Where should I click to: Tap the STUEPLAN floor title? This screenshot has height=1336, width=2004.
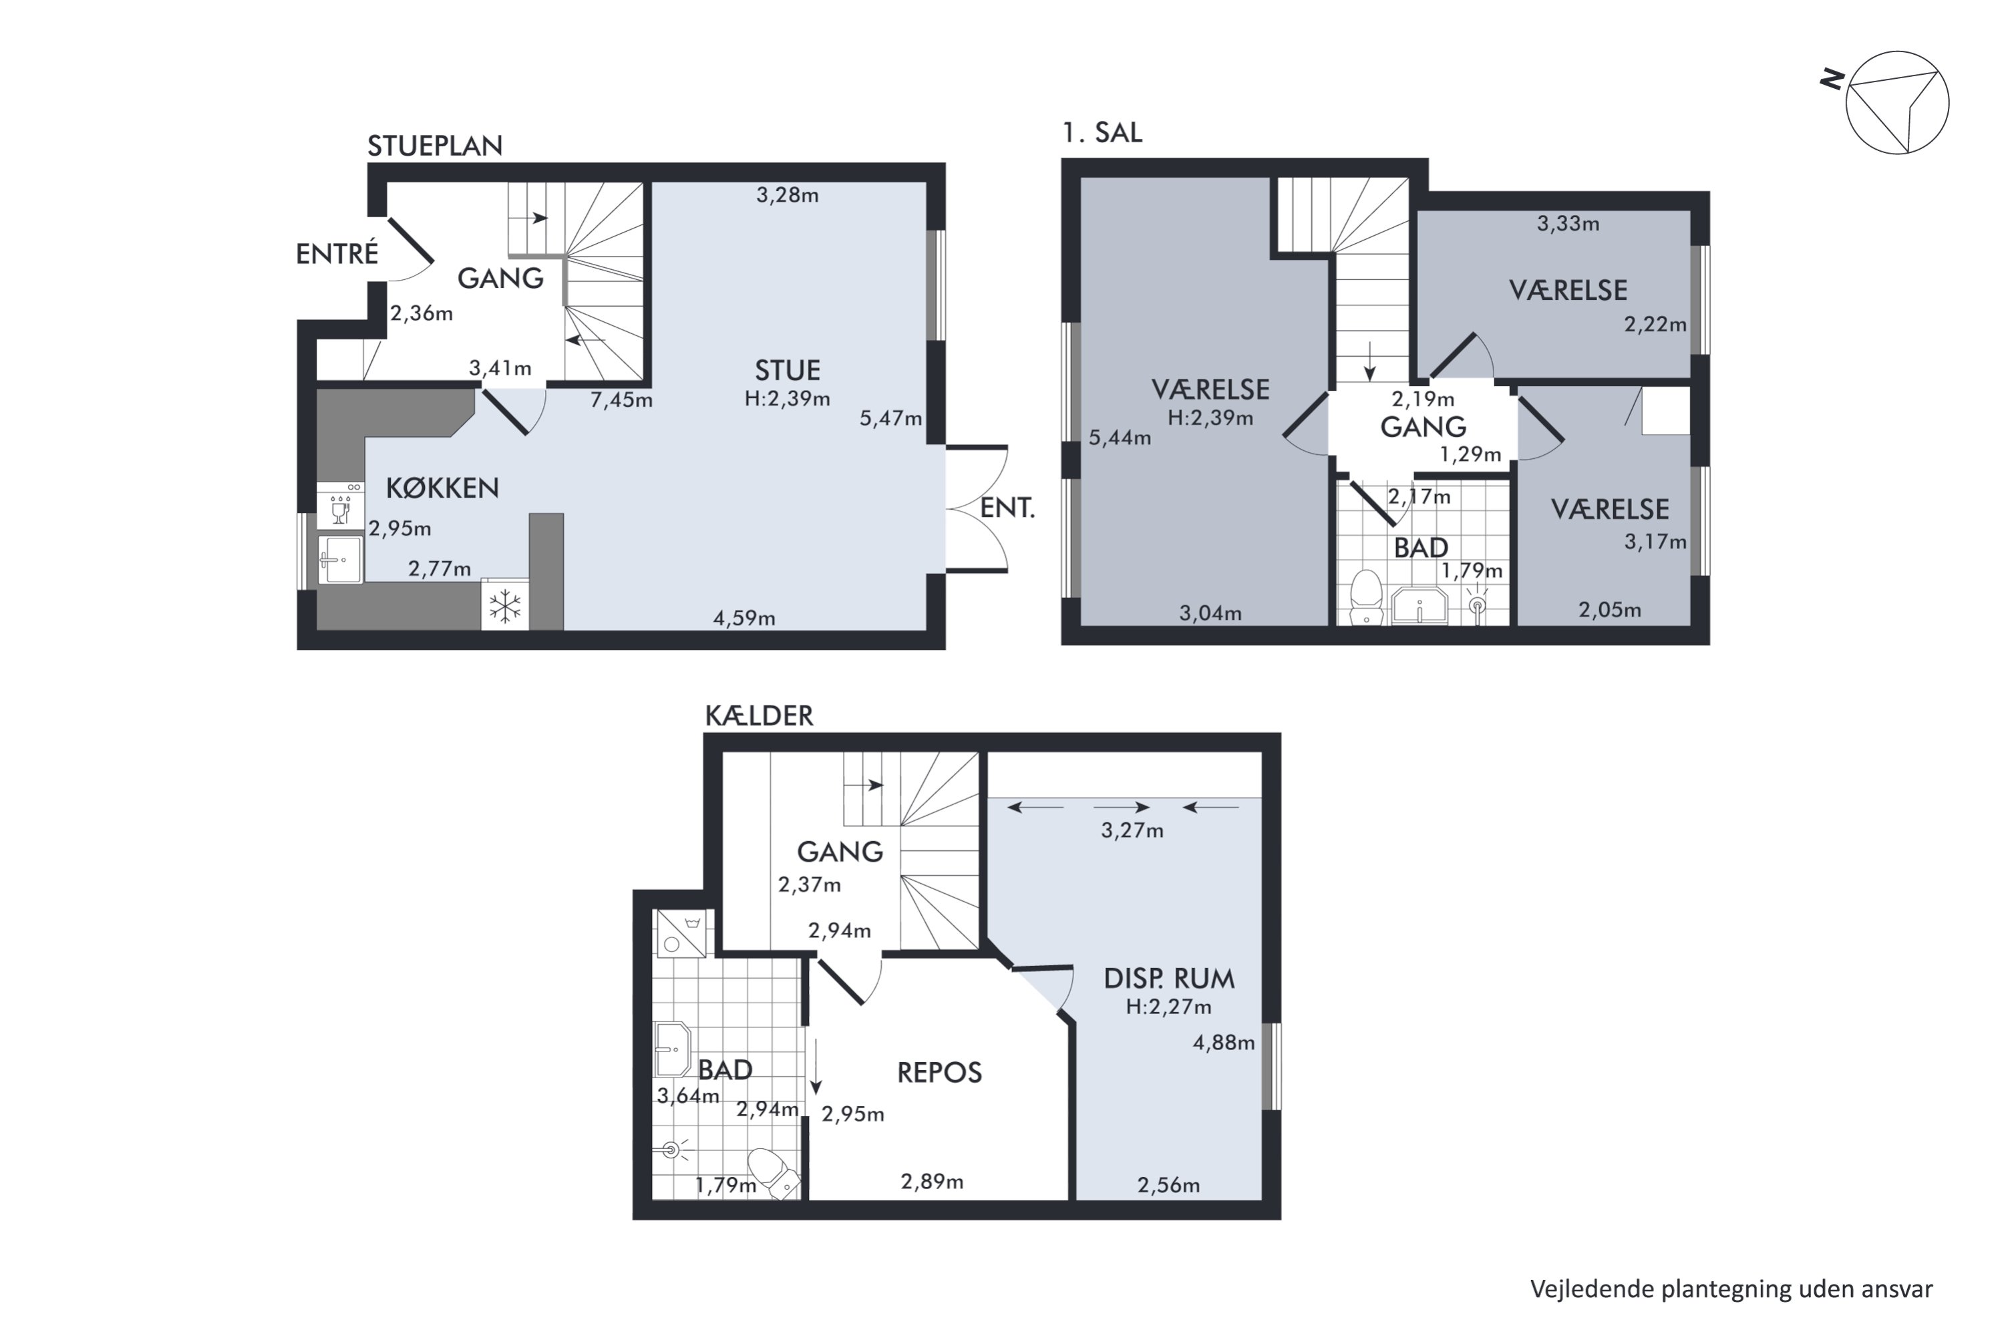pos(435,146)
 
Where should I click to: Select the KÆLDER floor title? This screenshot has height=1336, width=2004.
pos(759,715)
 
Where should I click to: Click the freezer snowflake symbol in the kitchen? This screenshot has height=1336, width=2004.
pos(504,607)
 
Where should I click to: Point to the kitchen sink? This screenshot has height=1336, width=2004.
pos(341,560)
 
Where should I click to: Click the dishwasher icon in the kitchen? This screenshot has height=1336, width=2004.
pos(340,506)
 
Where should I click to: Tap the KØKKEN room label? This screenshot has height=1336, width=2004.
pos(442,488)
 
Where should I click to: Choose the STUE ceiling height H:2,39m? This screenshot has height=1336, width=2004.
pos(788,399)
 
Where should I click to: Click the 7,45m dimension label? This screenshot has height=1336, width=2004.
pos(621,399)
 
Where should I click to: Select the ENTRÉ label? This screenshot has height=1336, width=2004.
pos(337,254)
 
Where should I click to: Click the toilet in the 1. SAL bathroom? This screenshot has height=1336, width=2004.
pos(1367,597)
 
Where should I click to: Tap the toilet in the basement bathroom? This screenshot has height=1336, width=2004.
pos(774,1172)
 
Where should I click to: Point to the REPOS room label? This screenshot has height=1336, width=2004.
pos(939,1073)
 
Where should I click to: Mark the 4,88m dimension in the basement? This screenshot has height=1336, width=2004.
pos(1224,1043)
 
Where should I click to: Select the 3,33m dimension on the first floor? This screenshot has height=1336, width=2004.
pos(1568,224)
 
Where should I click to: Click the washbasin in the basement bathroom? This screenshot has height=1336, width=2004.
pos(672,1049)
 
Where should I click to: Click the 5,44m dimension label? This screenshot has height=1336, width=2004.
pos(1120,439)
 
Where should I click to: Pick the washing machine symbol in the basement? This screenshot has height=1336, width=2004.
pos(680,934)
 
